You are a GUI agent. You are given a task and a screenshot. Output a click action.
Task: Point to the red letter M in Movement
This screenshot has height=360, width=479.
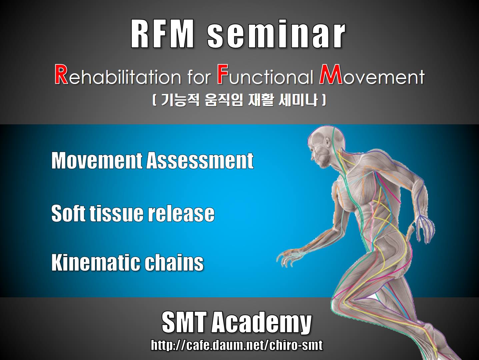pyautogui.click(x=331, y=74)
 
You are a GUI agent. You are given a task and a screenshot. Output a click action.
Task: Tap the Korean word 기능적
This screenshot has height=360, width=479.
pyautogui.click(x=180, y=100)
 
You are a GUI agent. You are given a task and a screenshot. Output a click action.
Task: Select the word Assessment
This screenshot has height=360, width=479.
pyautogui.click(x=200, y=160)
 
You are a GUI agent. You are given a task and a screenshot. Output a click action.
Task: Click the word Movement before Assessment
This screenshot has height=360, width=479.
pyautogui.click(x=97, y=160)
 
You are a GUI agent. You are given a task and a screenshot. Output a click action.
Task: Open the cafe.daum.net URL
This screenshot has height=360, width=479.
pyautogui.click(x=237, y=345)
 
